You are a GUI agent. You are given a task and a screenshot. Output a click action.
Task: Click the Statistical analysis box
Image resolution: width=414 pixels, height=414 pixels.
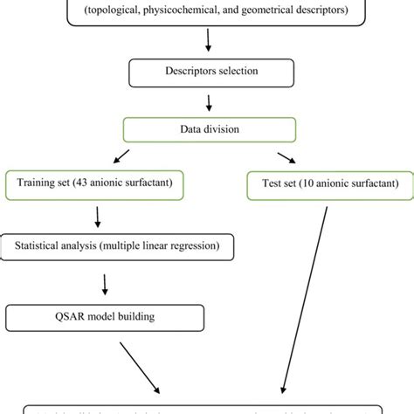coord(122,246)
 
